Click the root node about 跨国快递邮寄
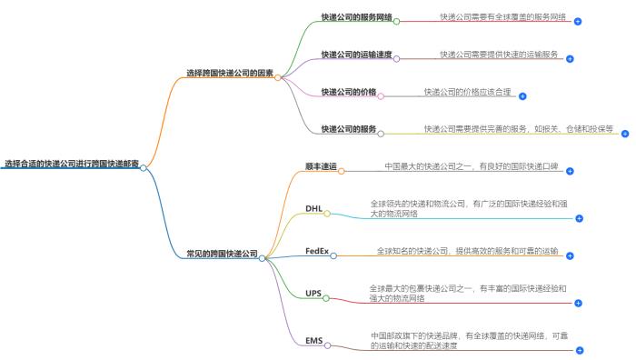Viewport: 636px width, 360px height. coord(71,165)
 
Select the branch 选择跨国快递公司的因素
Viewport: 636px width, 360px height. coord(229,72)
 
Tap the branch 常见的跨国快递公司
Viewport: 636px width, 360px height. coord(222,254)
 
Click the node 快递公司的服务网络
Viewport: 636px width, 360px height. coord(356,16)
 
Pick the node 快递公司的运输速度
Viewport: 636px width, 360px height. coord(356,55)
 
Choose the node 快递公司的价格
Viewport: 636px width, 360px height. coord(348,92)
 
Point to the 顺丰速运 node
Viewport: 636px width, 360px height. coord(321,166)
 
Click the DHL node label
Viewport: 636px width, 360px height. coord(314,208)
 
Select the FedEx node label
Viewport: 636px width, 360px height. coord(316,250)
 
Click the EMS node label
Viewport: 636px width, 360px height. coord(314,341)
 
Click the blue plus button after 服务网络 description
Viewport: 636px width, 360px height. coord(578,21)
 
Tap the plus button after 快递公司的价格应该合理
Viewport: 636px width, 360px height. coord(522,95)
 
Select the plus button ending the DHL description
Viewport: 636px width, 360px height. coord(579,219)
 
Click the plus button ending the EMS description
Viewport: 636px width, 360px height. coord(579,350)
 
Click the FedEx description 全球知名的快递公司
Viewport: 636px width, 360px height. coord(467,250)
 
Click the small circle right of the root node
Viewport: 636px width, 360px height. coord(144,167)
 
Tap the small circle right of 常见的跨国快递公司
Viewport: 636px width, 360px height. coord(262,257)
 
